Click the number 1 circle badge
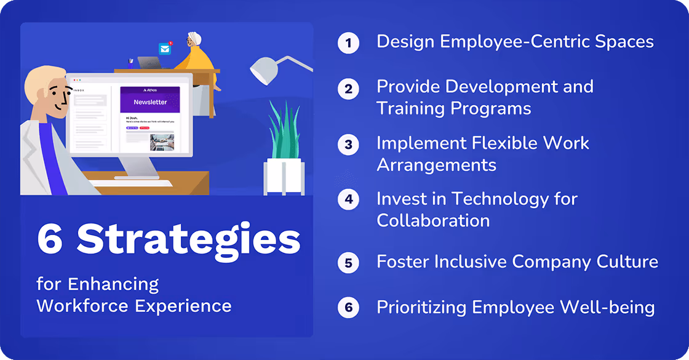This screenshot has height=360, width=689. tap(348, 43)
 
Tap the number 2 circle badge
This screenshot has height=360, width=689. tap(348, 89)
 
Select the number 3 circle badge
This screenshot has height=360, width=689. tap(348, 145)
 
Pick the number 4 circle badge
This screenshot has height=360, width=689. tap(348, 200)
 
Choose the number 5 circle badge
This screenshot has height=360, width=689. tap(348, 263)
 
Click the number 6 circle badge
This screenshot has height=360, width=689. tap(348, 307)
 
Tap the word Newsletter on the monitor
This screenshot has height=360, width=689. tap(150, 102)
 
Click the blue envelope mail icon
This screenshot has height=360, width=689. tap(165, 49)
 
